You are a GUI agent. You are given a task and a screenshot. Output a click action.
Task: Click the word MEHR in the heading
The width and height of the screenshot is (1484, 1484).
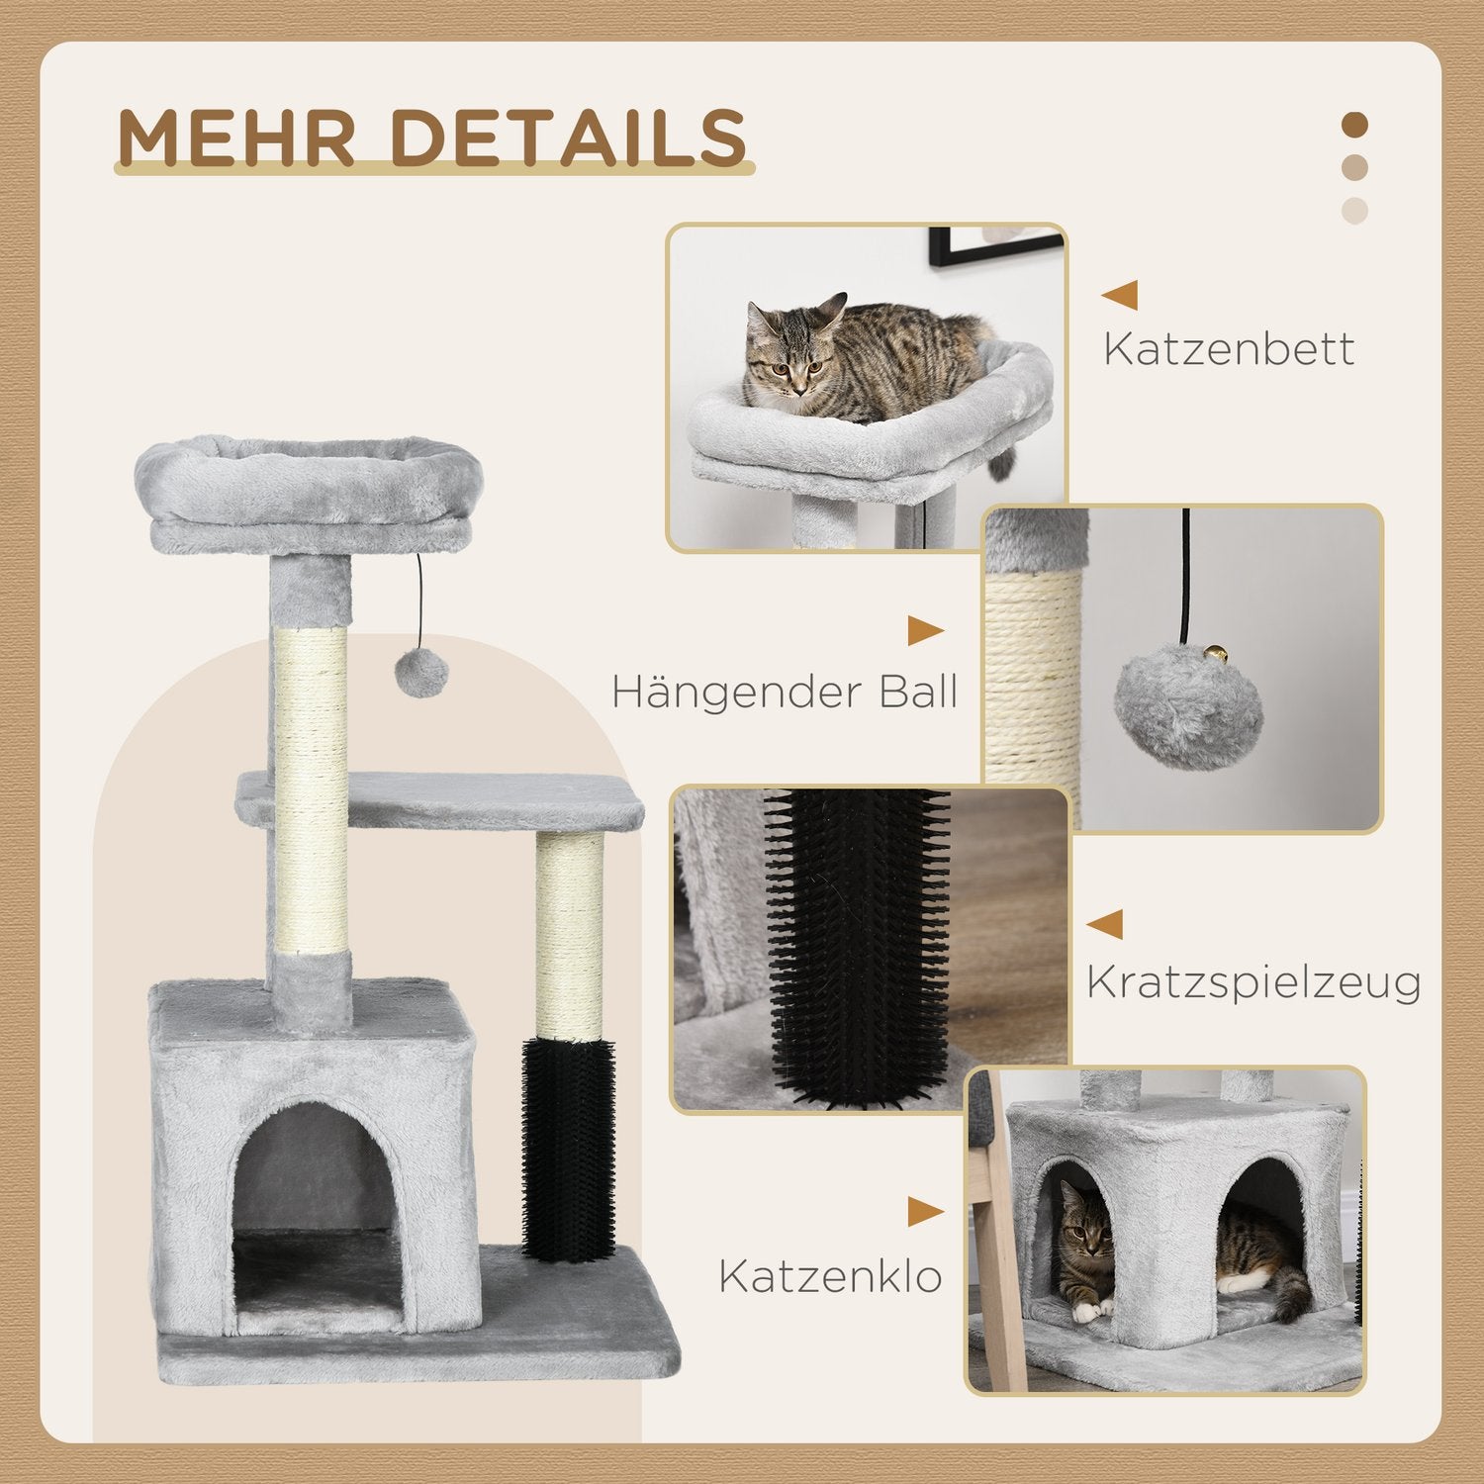coord(235,138)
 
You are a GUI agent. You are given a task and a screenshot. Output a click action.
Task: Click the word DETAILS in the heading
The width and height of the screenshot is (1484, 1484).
coord(569,138)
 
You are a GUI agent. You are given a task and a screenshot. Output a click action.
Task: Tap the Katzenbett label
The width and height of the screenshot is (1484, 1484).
coord(1229,349)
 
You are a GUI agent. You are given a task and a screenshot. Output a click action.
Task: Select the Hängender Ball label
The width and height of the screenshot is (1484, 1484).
coord(785,692)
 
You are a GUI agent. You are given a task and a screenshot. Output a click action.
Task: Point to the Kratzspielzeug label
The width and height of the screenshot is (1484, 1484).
coord(1253,982)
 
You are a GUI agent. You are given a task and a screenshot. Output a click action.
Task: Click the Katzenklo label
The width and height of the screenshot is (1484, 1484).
coord(830,1276)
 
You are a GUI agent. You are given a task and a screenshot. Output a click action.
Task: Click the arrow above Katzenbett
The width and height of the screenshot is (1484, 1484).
coord(1120,295)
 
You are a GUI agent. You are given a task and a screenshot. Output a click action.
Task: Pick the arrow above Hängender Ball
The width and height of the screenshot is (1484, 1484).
coord(925,631)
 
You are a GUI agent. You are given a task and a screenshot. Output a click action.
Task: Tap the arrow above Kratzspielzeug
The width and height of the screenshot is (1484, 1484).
coord(1105,924)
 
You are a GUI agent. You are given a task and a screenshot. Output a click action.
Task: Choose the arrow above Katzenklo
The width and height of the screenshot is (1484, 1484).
coord(925,1212)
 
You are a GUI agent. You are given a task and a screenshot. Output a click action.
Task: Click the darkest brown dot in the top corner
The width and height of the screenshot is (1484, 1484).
coord(1354,126)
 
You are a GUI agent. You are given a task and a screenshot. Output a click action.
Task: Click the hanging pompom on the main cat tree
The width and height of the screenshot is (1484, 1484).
coord(421,674)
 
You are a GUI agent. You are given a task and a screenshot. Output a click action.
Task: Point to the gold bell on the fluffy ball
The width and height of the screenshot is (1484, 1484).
coord(1215,654)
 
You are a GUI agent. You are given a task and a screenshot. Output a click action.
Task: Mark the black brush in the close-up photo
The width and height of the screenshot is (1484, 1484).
coord(858,940)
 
